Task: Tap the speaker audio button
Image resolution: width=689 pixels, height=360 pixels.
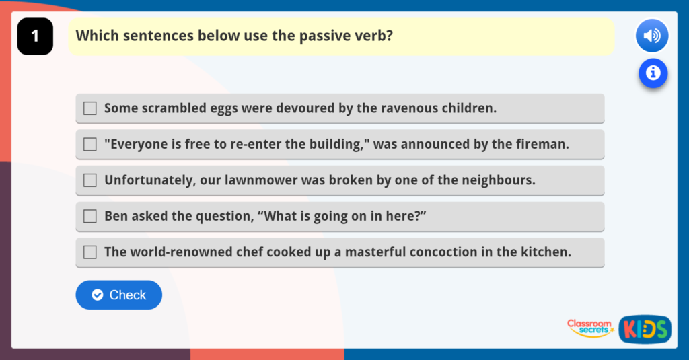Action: pos(651,36)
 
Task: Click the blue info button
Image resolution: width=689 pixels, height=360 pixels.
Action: pos(653,73)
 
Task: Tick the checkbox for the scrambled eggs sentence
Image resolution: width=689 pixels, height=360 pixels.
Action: pos(90,108)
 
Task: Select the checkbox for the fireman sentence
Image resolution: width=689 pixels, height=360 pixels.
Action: pos(90,144)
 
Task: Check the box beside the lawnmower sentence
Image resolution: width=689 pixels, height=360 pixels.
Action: pos(90,180)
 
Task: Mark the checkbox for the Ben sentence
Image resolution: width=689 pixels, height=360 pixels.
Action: pos(90,216)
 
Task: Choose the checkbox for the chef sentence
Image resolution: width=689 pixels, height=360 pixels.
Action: pos(90,252)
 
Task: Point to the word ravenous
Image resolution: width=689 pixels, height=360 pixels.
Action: pos(410,108)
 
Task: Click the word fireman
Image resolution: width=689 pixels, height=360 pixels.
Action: pos(544,144)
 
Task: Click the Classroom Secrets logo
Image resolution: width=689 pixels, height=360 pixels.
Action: pos(590,328)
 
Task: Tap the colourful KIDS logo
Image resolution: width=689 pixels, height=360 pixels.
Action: pos(645,329)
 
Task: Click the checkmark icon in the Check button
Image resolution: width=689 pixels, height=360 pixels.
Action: pos(98,295)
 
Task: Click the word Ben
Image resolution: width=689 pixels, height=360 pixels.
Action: pos(116,216)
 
